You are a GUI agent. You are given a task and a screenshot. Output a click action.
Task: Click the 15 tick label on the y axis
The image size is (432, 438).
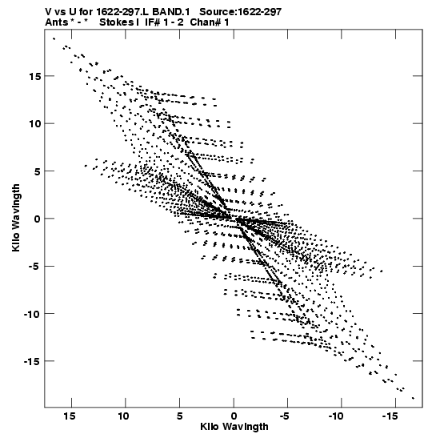point(34,76)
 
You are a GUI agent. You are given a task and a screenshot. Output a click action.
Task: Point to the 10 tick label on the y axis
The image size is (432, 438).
point(34,124)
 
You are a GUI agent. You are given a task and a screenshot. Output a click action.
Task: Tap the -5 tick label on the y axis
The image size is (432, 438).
point(34,266)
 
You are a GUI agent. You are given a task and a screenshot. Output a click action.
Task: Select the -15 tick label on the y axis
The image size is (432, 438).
point(32,361)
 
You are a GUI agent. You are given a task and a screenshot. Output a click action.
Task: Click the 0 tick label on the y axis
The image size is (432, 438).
point(38,219)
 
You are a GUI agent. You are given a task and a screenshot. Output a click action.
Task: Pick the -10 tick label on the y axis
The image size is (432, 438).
point(32,314)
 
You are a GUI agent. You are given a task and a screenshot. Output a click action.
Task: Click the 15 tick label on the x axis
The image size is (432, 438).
point(70,416)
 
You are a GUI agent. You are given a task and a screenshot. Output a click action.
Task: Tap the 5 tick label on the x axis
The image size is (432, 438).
point(179,416)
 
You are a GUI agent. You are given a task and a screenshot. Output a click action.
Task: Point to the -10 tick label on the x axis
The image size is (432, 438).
point(336,416)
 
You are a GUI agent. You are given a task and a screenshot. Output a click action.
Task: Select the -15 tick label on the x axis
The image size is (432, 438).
point(390,416)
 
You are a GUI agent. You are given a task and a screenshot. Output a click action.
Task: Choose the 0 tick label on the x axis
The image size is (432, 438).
point(234,416)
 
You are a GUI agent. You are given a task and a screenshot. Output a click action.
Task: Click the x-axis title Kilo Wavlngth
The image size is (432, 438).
point(234,427)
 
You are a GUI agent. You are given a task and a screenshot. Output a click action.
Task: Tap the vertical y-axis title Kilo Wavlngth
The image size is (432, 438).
point(16,218)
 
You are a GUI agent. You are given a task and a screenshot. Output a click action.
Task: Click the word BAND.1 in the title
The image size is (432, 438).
point(170,12)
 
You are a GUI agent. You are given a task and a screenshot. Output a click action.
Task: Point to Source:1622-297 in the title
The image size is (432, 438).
point(240,12)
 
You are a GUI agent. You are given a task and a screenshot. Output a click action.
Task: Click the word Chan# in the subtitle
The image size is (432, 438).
point(204,22)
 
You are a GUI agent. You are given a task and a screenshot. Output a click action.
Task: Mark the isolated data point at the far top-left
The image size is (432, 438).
point(54,38)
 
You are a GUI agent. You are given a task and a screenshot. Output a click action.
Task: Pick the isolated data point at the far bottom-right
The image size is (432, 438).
point(413,398)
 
